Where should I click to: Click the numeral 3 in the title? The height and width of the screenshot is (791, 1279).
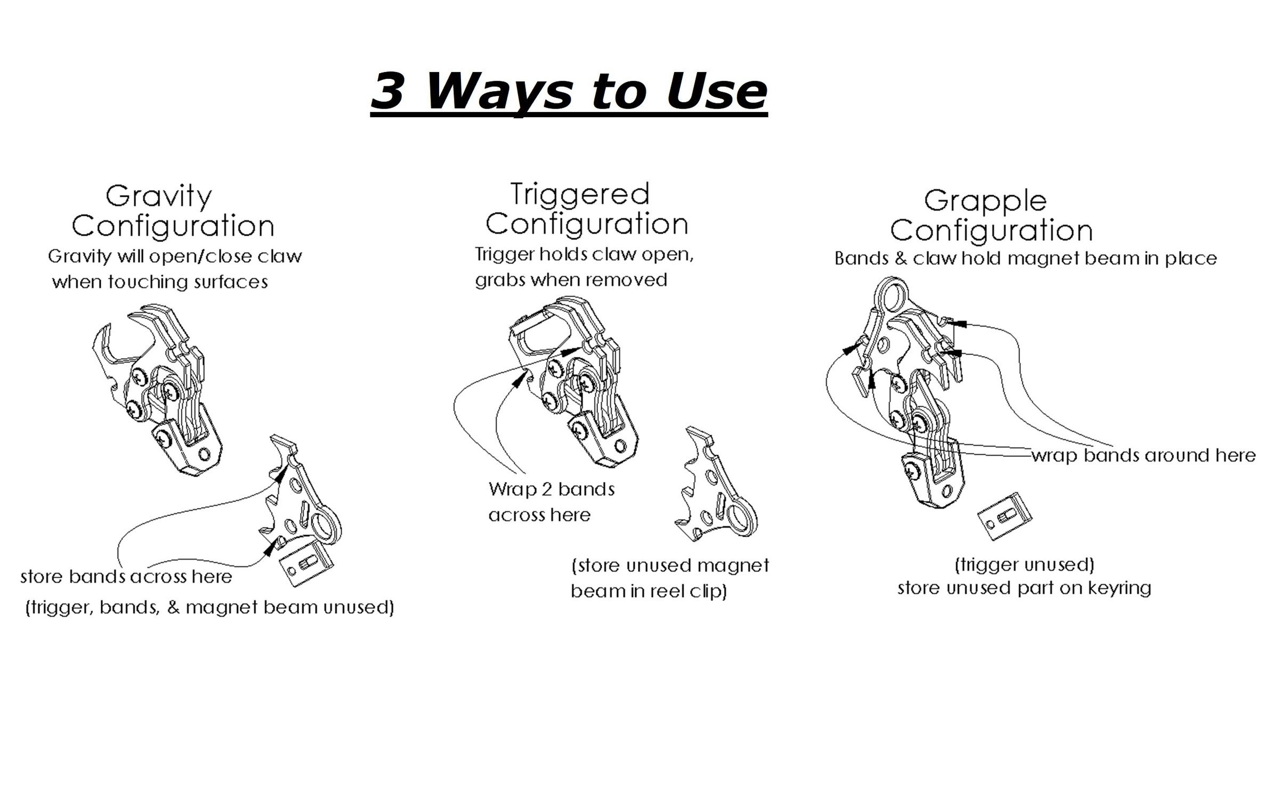387,92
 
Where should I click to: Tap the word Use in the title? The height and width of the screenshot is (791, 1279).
716,92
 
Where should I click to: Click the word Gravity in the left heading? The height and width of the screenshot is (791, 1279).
159,196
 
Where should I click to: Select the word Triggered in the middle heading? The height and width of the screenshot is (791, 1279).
580,193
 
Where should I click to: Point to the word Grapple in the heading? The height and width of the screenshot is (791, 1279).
985,201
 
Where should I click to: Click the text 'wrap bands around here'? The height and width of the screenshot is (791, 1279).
1144,455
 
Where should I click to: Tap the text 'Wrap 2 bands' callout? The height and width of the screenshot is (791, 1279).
552,489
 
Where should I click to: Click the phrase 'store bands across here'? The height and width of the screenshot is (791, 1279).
126,576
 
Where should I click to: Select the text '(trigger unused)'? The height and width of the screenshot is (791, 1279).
1024,564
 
